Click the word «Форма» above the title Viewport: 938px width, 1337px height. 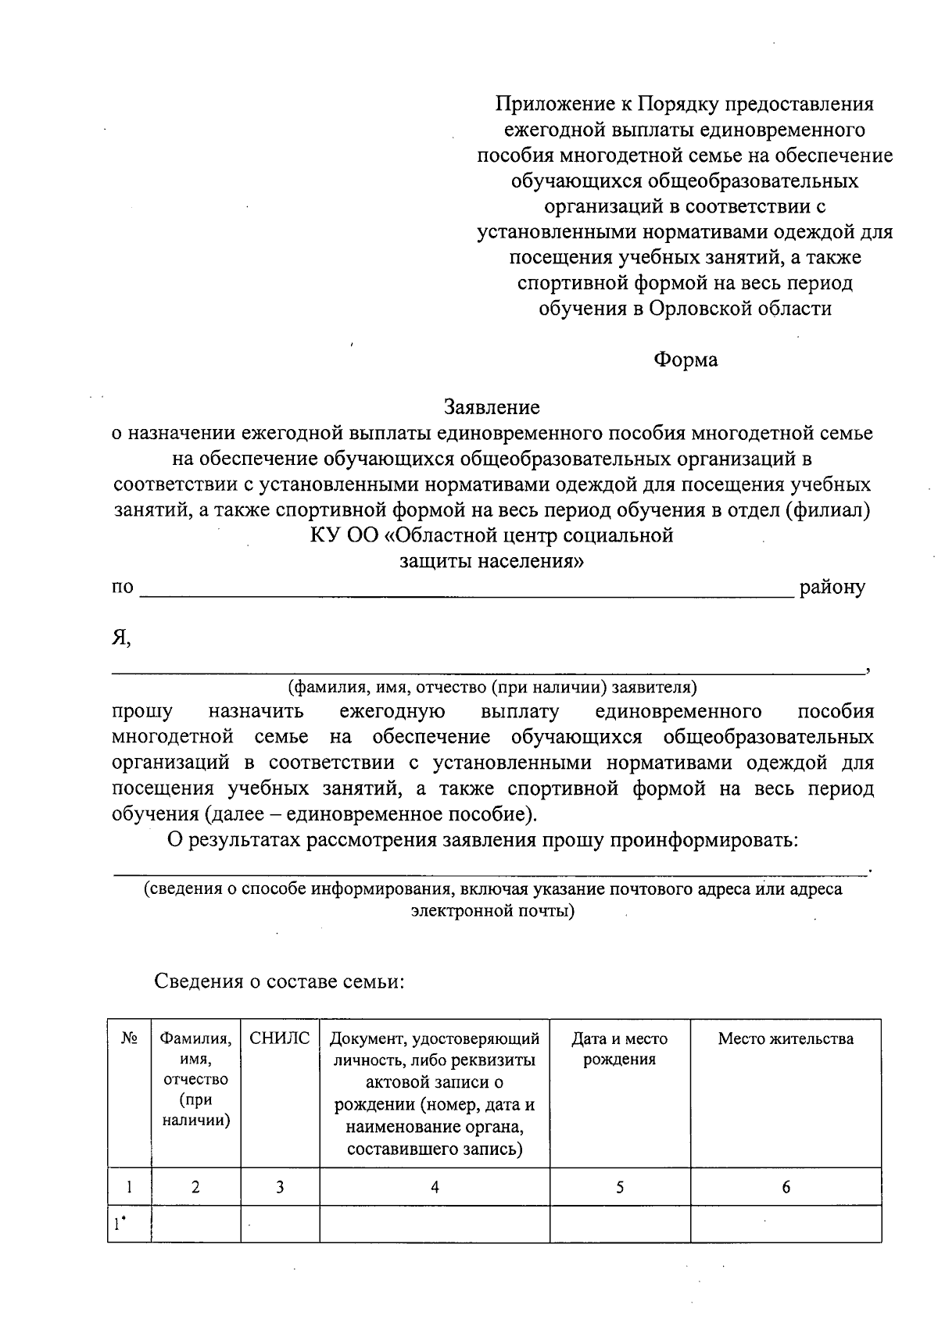(685, 359)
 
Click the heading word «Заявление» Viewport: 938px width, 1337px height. (492, 407)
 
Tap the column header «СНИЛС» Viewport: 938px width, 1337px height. (280, 1038)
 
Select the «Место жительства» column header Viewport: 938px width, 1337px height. (786, 1038)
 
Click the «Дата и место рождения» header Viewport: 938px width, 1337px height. (620, 1049)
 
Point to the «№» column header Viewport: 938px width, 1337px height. (129, 1038)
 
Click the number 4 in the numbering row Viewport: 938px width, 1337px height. (435, 1187)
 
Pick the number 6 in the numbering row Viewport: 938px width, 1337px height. (786, 1187)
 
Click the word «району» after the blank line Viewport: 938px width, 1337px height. (832, 588)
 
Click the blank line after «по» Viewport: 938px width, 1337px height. (466, 594)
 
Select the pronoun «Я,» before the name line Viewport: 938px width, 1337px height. (120, 638)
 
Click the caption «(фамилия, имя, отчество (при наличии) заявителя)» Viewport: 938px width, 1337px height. (492, 688)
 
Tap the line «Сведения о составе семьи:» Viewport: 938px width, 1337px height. (279, 981)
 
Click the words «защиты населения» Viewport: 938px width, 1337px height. (492, 562)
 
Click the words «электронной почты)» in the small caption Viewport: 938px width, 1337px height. (492, 910)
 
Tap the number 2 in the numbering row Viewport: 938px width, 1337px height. (195, 1187)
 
